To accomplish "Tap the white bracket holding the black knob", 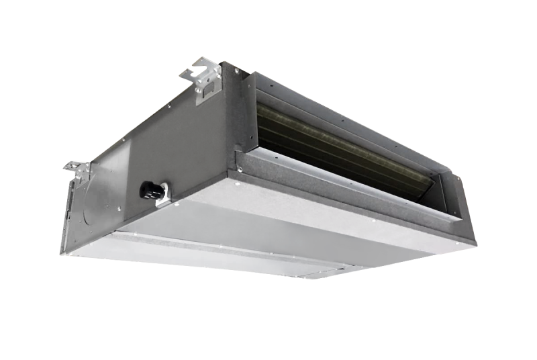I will coord(161,195).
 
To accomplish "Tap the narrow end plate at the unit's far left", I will coord(72,215).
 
